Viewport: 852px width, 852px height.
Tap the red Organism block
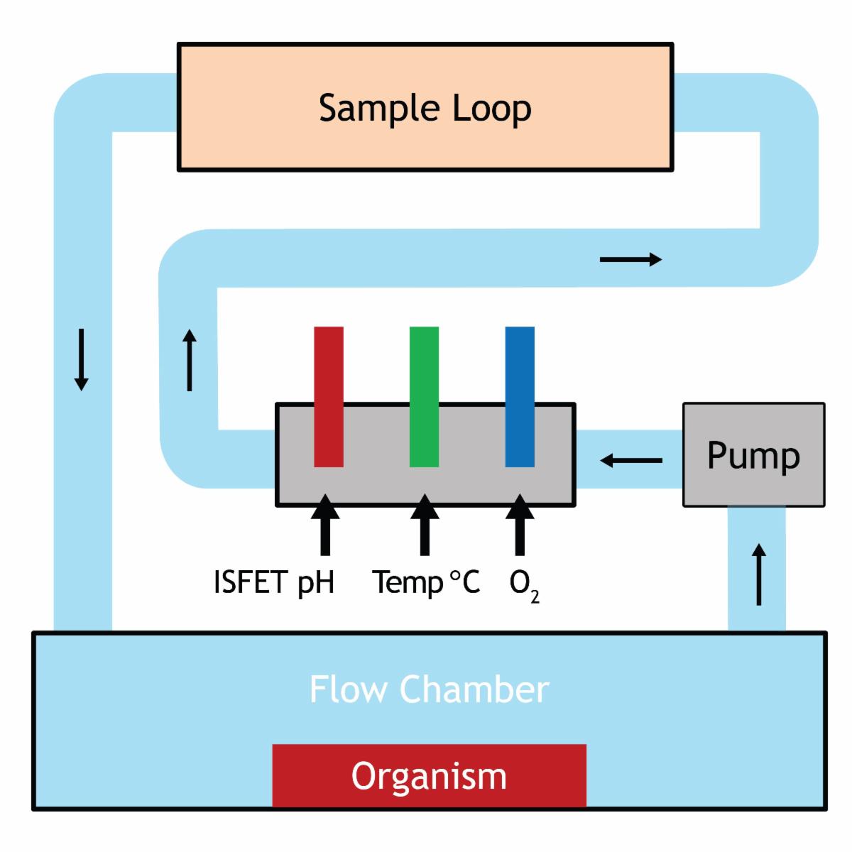[x=429, y=775]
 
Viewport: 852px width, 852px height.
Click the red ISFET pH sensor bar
[x=329, y=396]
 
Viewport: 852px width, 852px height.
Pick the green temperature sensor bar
[x=424, y=396]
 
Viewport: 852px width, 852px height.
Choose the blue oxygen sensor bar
[x=520, y=396]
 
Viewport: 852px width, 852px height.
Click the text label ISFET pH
[x=274, y=583]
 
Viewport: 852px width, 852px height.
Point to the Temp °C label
[x=426, y=583]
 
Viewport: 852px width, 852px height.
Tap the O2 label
[x=524, y=586]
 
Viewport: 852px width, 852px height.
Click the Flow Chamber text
[x=429, y=689]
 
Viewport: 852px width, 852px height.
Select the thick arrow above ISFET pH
[x=325, y=525]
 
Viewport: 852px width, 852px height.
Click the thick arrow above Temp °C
[x=425, y=525]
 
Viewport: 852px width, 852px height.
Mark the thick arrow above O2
[x=520, y=525]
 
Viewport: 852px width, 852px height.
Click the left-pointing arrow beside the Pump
[x=630, y=461]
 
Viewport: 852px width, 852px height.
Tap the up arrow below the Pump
[x=759, y=574]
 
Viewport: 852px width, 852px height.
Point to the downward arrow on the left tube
[x=82, y=359]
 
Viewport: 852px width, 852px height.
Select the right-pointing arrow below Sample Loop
[x=630, y=260]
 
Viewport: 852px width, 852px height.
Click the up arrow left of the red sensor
[x=190, y=359]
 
